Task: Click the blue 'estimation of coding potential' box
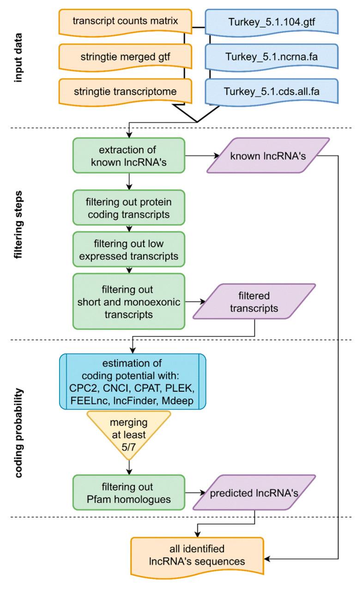click(x=132, y=381)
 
